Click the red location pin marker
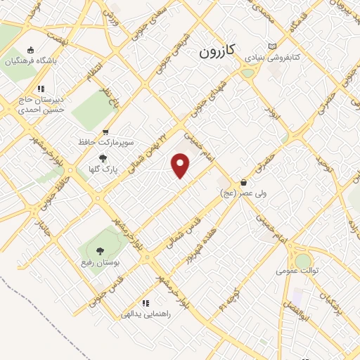pyautogui.click(x=181, y=166)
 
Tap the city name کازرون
pyautogui.click(x=220, y=51)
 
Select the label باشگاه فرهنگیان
pyautogui.click(x=30, y=61)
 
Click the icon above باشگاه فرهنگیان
pyautogui.click(x=30, y=50)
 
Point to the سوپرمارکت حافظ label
pyautogui.click(x=106, y=143)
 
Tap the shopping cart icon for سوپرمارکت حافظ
pyautogui.click(x=105, y=131)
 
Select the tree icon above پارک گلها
pyautogui.click(x=103, y=158)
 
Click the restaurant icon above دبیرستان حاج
pyautogui.click(x=41, y=89)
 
